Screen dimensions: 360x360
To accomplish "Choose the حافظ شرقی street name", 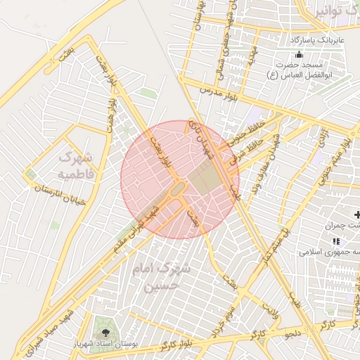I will [257, 148].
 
